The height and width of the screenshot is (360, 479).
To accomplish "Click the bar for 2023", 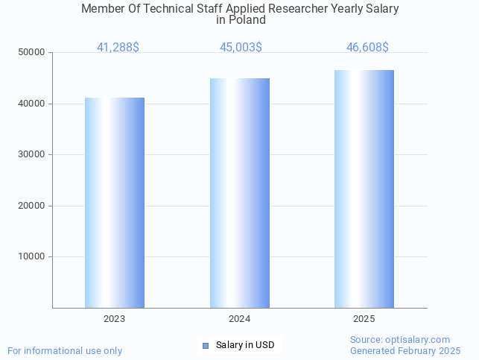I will (x=115, y=203).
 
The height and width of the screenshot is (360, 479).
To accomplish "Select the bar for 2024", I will (x=240, y=193).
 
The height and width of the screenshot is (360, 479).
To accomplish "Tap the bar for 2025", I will (x=364, y=189).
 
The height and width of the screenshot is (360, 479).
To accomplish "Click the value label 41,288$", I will (x=118, y=47).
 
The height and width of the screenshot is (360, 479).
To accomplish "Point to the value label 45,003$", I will (x=241, y=47).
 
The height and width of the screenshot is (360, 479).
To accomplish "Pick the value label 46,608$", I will (x=367, y=47).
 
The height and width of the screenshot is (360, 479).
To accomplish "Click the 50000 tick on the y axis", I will (x=32, y=52).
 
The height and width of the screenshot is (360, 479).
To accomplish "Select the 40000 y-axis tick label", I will (x=32, y=104).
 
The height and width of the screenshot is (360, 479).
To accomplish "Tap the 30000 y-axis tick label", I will (x=32, y=154).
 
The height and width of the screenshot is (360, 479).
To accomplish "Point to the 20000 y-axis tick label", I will (x=32, y=206).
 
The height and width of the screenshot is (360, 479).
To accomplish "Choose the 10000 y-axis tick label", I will (x=32, y=256).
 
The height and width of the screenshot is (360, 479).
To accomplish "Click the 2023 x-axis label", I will (x=115, y=319).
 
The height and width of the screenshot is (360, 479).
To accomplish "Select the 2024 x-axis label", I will (x=240, y=319).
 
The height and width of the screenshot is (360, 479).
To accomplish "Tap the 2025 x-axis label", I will (x=364, y=319).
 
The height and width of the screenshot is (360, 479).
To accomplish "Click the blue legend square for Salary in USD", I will (x=206, y=345).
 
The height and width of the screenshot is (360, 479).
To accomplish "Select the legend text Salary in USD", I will (x=245, y=345).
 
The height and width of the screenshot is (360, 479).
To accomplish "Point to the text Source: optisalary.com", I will (x=400, y=339).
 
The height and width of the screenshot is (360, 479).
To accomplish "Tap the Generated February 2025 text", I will (x=405, y=350).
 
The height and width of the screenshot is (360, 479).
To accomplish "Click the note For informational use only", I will (x=65, y=350).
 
